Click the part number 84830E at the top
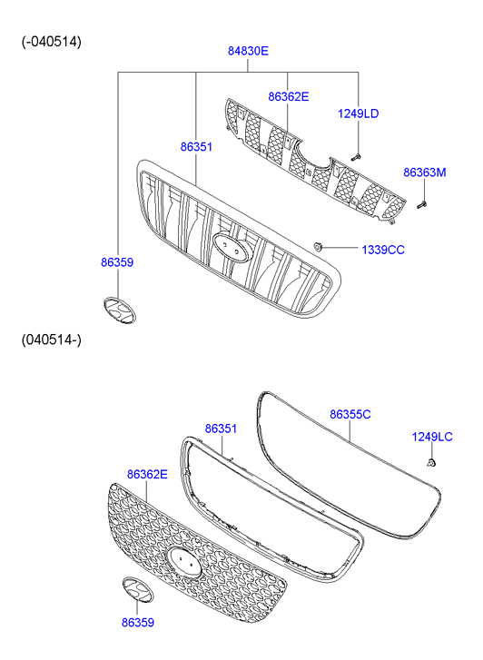coord(248,51)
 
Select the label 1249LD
coord(358,113)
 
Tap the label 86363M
coord(425,172)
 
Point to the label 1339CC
coord(383,250)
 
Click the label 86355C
coord(350,415)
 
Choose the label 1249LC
coord(432,437)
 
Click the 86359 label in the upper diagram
coord(117,262)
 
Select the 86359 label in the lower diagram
coord(138,623)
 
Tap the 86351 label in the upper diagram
coord(196,147)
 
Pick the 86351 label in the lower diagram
coord(221,429)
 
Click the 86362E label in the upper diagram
coord(289,97)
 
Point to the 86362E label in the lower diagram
coord(147,475)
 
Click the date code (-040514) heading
coord(52,42)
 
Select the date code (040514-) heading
coord(52,340)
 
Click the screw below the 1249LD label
coord(356,157)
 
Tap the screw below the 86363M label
coord(421,205)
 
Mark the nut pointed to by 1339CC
coord(318,246)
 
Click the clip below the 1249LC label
coord(430,463)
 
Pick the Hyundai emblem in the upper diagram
coord(120,310)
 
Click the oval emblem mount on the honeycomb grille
coord(184,562)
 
